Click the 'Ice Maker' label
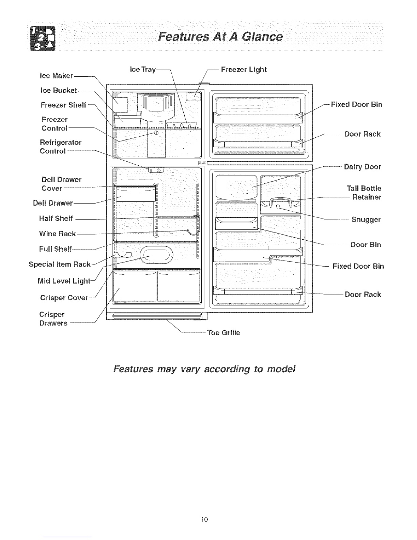point(56,76)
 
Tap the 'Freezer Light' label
point(244,70)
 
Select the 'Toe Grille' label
point(223,332)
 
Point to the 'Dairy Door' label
point(362,167)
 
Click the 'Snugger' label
point(366,220)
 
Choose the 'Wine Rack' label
point(57,234)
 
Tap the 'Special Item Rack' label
point(60,264)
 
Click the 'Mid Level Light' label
point(64,281)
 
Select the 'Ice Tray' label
point(143,69)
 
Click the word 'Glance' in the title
point(262,37)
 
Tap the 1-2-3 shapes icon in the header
point(43,39)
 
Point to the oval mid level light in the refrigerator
point(156,255)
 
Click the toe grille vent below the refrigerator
point(157,316)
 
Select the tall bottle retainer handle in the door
point(280,202)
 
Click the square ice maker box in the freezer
point(121,105)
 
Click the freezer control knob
point(156,133)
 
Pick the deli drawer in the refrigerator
point(135,195)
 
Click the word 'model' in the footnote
point(281,369)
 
